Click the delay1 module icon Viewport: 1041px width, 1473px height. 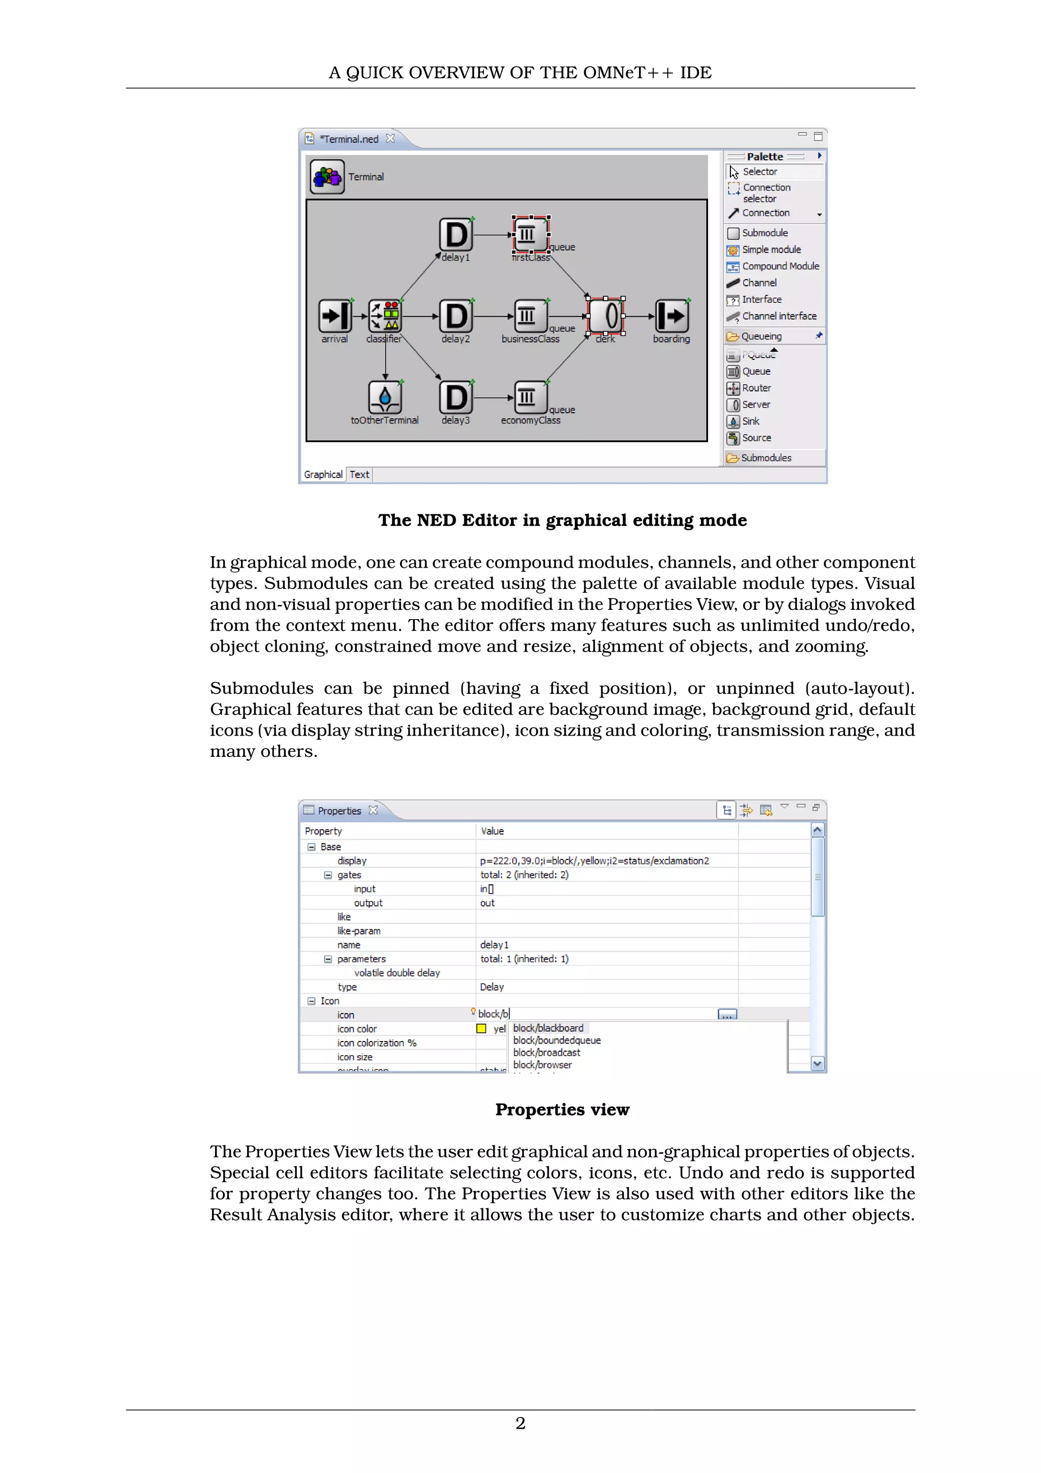(455, 235)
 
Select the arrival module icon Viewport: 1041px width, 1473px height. (335, 316)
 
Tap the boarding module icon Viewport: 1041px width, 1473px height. (671, 316)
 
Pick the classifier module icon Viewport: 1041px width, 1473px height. (385, 316)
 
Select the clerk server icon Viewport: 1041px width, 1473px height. (605, 316)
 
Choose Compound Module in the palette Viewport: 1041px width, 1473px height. (780, 266)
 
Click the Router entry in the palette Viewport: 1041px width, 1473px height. (756, 388)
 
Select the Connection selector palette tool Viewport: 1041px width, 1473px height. (766, 193)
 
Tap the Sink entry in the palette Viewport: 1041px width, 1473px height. (750, 421)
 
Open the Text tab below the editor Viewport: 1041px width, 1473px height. (359, 475)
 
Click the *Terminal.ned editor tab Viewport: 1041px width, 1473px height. (349, 139)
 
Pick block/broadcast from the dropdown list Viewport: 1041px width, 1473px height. (546, 1053)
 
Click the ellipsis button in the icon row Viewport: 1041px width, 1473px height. (727, 1015)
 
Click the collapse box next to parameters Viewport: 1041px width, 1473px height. (328, 959)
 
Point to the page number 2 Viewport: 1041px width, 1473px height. (520, 1424)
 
